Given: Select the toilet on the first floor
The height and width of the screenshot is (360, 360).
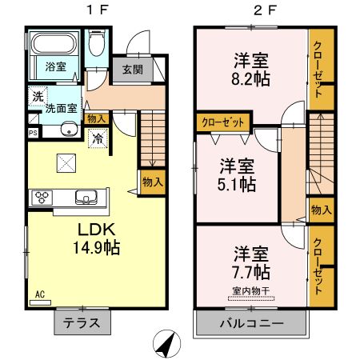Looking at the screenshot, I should [x=97, y=43].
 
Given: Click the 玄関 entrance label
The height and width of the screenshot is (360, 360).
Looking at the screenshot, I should [x=133, y=69].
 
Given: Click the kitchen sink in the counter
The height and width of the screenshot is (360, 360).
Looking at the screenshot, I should [x=84, y=197].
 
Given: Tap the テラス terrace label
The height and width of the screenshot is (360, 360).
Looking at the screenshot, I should [x=82, y=324].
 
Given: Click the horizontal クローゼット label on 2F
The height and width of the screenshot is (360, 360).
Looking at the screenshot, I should [x=223, y=122].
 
